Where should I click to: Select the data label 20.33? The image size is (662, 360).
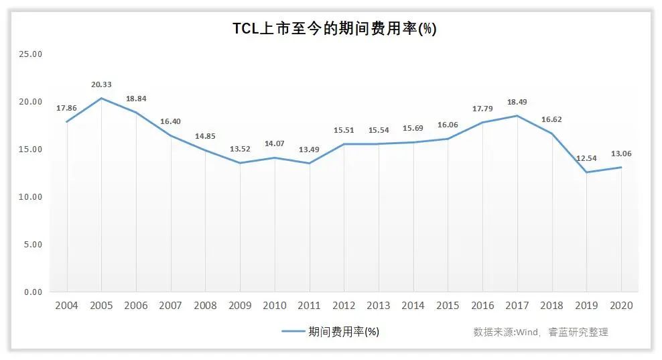(x=101, y=84)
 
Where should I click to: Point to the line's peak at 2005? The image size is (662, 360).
(x=101, y=99)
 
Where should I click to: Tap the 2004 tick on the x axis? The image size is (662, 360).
(x=66, y=306)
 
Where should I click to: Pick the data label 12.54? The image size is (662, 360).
(x=586, y=158)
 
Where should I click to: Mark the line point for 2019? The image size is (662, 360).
(x=586, y=172)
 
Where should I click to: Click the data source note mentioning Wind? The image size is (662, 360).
(x=541, y=332)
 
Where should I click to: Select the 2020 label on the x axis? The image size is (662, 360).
(x=621, y=306)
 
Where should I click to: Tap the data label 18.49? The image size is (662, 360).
(x=517, y=102)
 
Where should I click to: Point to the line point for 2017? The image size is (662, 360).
(x=517, y=116)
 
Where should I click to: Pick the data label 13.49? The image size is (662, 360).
(x=309, y=149)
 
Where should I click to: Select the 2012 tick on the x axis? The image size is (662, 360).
(x=344, y=306)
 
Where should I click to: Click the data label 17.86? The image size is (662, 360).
(x=66, y=107)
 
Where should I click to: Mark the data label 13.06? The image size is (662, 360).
(x=621, y=154)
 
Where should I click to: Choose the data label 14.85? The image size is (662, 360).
(x=205, y=136)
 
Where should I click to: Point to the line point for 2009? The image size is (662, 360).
(x=240, y=163)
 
